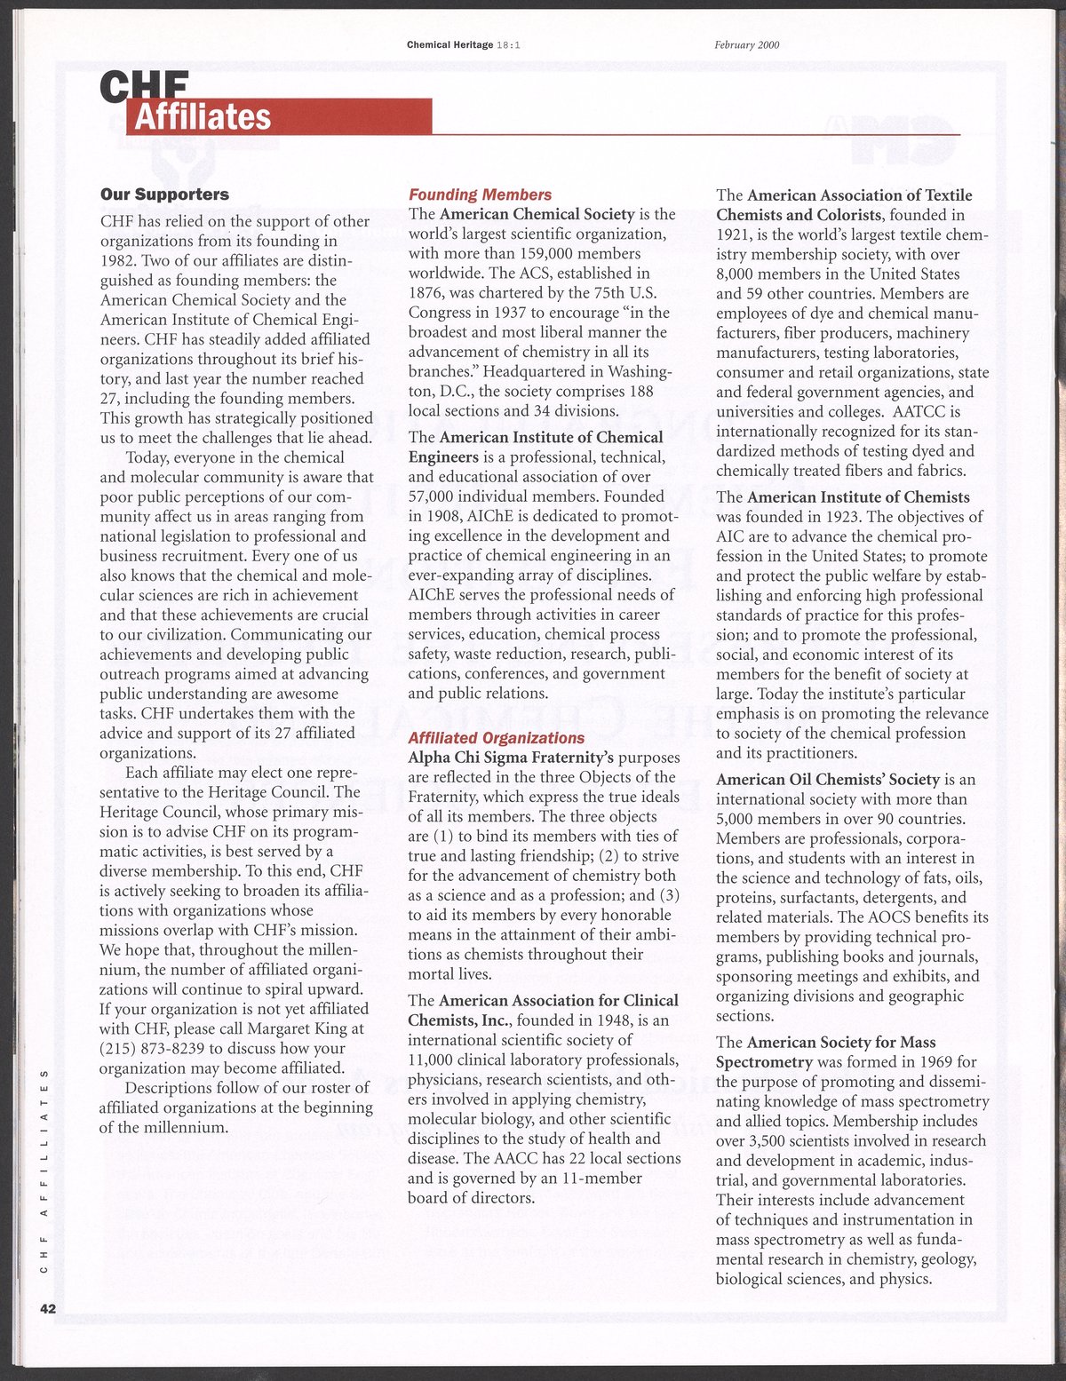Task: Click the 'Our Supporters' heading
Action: coord(164,194)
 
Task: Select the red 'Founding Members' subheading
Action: coord(480,194)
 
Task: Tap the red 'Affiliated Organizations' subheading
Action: coord(496,738)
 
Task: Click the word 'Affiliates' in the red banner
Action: coord(203,116)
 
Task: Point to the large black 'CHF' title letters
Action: coord(145,85)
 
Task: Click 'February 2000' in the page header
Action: coord(746,45)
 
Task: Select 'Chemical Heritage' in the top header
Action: coord(449,45)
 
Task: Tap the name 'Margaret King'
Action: coord(316,1029)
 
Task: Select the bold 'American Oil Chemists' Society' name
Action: coord(828,780)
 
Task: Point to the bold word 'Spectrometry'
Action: coord(764,1062)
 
